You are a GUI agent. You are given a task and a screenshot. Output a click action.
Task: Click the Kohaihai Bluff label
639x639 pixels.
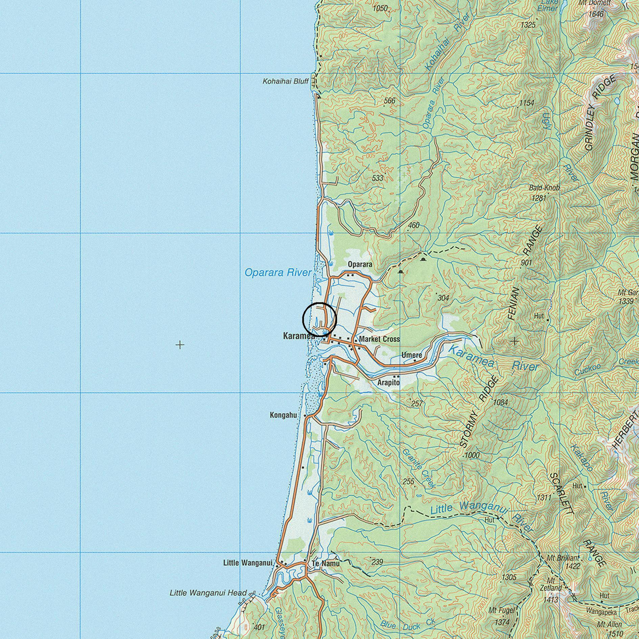click(x=286, y=81)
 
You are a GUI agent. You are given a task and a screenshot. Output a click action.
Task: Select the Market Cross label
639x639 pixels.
click(x=379, y=339)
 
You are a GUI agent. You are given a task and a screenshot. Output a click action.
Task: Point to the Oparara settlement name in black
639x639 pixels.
click(x=360, y=264)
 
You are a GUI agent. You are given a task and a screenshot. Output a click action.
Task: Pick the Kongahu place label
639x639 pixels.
click(x=283, y=415)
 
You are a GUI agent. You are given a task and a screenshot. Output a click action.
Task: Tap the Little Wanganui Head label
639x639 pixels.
click(x=208, y=593)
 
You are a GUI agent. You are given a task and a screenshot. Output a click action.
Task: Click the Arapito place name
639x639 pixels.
click(x=388, y=383)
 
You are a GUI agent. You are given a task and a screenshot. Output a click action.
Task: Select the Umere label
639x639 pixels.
click(x=412, y=355)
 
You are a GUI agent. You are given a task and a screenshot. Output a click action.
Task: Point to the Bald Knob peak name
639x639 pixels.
click(x=544, y=188)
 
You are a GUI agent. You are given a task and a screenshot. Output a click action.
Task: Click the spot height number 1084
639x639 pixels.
click(x=501, y=402)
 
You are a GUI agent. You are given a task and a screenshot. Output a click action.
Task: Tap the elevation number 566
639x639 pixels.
click(x=389, y=100)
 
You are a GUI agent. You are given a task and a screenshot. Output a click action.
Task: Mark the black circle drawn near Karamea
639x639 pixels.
click(x=319, y=319)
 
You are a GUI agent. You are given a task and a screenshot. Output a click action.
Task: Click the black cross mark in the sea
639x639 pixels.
click(x=180, y=345)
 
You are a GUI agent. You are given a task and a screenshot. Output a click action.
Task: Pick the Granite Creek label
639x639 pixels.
click(x=419, y=468)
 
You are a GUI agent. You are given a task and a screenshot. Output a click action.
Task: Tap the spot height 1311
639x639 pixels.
click(x=544, y=497)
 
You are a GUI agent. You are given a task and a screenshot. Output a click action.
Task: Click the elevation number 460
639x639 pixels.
click(x=414, y=225)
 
